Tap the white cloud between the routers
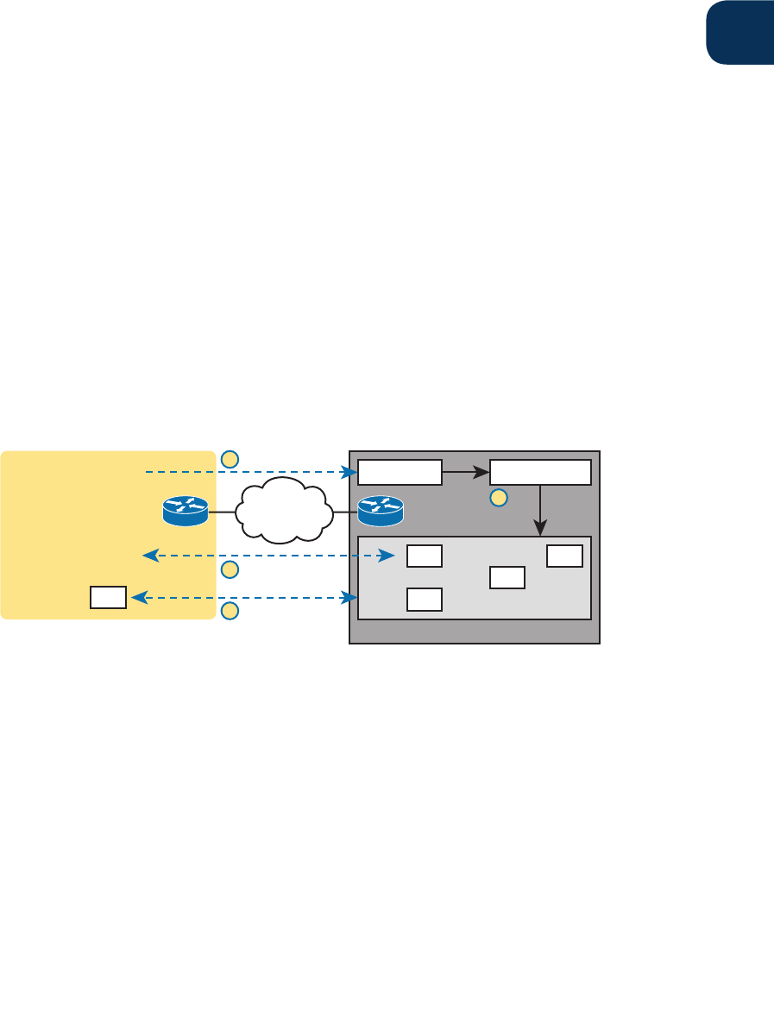pos(282,513)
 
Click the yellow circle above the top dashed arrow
pos(230,459)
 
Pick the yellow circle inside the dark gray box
pos(498,497)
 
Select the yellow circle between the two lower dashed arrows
pos(230,569)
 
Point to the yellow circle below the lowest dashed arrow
pos(230,612)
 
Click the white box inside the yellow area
pos(109,597)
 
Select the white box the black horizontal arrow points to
pos(540,473)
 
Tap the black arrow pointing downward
pos(540,510)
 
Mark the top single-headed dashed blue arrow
pos(250,473)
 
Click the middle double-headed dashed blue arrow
pos(263,556)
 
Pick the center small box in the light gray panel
pos(507,577)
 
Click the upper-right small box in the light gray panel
pos(564,556)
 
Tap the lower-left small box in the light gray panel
pos(425,599)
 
